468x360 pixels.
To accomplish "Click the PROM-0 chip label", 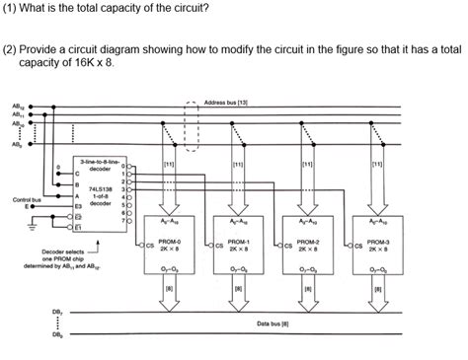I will pyautogui.click(x=171, y=241).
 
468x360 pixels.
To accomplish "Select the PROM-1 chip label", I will pyautogui.click(x=238, y=241).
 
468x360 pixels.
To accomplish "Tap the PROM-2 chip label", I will pyautogui.click(x=308, y=241).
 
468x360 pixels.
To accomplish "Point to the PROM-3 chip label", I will pyautogui.click(x=378, y=241).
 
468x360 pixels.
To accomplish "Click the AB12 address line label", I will pyautogui.click(x=18, y=107).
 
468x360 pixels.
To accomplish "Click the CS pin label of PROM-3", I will pyautogui.click(x=357, y=246).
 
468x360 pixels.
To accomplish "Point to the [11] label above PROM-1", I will pyautogui.click(x=238, y=164).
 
